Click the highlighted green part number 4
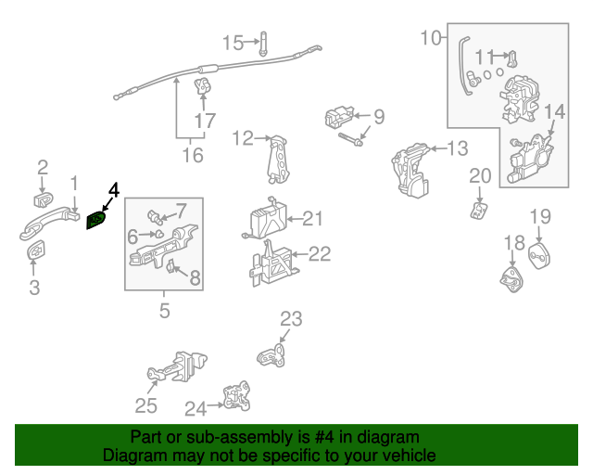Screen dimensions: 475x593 (97, 221)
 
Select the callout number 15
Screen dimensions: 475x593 (233, 42)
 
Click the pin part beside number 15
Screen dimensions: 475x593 (263, 43)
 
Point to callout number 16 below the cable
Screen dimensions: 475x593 (192, 155)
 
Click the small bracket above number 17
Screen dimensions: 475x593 (203, 88)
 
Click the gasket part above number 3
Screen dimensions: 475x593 (34, 251)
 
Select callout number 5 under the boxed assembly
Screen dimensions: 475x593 (164, 311)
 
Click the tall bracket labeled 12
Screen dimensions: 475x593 (277, 160)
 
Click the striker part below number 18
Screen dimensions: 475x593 (511, 278)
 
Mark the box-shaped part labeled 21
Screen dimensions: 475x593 (264, 221)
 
